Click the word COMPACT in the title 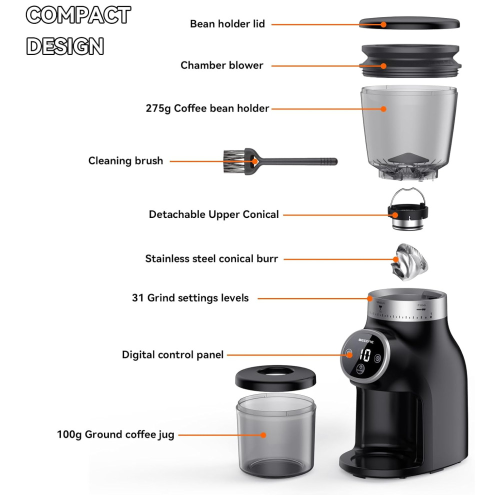point(78,15)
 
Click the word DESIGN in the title point(65,46)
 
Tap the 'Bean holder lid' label point(227,23)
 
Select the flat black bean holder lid point(409,23)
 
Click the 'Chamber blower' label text point(221,65)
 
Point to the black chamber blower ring point(410,61)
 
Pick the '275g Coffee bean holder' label point(207,108)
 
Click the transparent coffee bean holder point(409,125)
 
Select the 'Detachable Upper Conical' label point(213,214)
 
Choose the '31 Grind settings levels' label point(190,298)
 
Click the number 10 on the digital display point(365,355)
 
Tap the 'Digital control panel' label point(172,355)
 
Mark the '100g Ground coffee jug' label point(115,434)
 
